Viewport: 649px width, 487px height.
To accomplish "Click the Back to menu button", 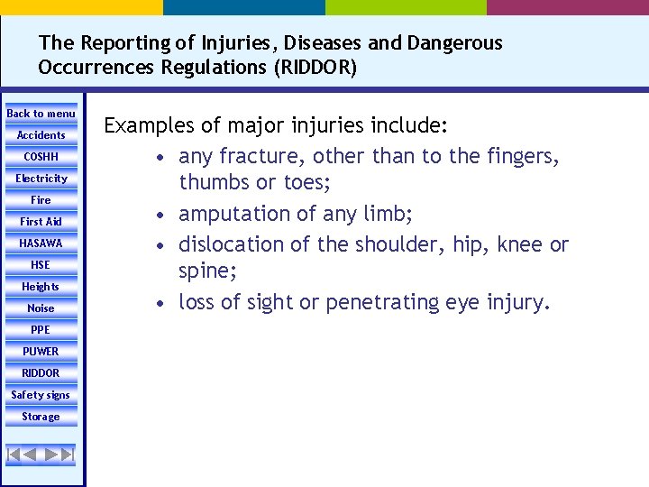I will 41,114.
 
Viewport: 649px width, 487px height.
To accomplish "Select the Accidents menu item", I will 41,135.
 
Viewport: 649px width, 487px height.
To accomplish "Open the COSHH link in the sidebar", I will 41,157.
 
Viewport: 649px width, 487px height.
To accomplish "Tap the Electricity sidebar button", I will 41,179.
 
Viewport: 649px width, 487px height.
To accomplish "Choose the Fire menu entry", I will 41,200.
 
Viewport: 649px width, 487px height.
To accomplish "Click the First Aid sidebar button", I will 41,222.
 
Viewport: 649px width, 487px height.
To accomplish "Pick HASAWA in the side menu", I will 41,243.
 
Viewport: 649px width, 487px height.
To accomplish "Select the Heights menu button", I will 41,287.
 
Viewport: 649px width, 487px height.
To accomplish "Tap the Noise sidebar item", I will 41,308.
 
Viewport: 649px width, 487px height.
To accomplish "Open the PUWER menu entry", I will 41,352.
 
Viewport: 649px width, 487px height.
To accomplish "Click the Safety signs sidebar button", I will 41,395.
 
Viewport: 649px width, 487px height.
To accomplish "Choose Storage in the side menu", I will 41,417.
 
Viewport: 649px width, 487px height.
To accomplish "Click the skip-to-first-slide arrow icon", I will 15,454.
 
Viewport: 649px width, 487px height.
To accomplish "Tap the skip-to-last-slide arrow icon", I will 67,454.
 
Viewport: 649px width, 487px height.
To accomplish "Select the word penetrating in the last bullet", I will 384,302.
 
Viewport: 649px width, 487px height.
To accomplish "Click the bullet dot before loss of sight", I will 159,303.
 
